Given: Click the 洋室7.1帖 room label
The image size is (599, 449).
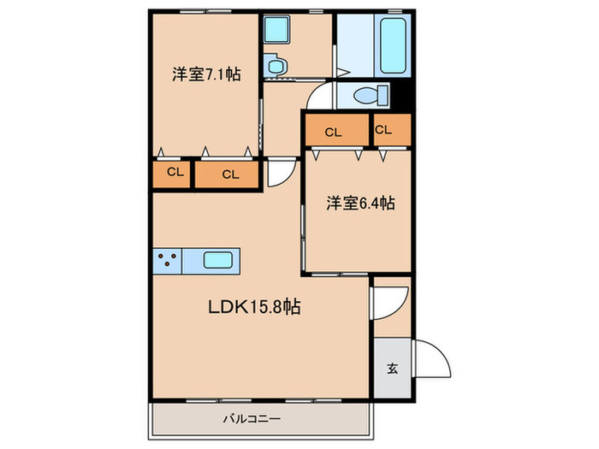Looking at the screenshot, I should [205, 74].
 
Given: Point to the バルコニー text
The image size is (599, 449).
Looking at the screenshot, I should [252, 419].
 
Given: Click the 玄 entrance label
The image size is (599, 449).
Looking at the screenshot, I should [392, 369].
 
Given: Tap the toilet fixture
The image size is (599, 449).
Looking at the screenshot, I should [366, 96].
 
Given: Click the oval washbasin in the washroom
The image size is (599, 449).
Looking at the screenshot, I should [276, 64].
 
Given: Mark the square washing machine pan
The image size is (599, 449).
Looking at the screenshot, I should [276, 32].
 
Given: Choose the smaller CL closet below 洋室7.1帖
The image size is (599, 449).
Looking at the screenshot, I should [174, 173].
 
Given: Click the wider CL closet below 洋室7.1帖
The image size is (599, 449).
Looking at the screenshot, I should [228, 174].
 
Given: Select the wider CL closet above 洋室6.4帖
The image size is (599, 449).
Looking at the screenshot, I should [335, 132].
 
